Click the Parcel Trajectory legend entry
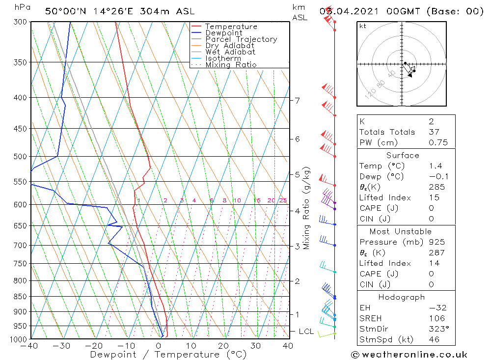[x=241, y=39]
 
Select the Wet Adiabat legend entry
[x=230, y=52]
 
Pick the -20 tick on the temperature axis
[x=94, y=346]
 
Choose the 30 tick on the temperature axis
[x=256, y=346]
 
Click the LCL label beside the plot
[x=306, y=332]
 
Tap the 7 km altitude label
[x=297, y=101]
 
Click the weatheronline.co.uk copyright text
[x=409, y=355]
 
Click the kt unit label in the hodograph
[x=362, y=26]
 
